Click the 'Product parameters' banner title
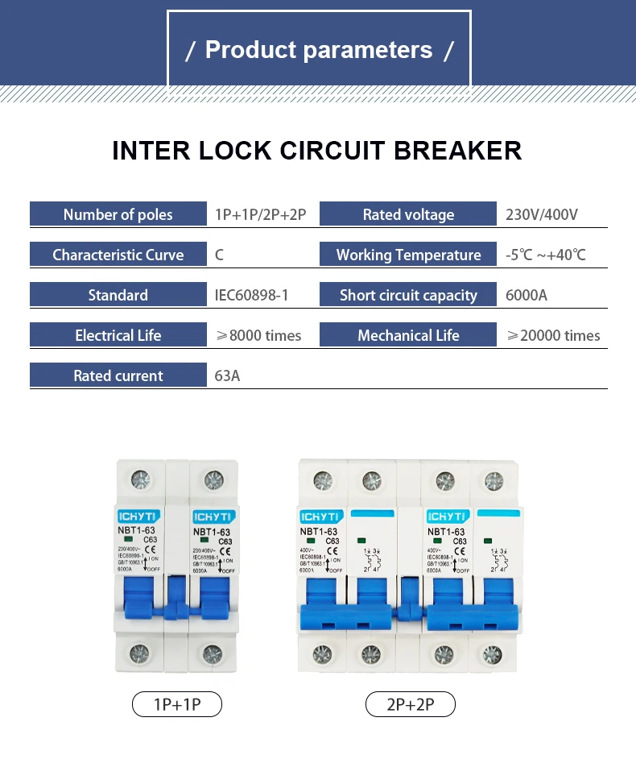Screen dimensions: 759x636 click(320, 50)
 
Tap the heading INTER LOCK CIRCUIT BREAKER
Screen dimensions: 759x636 click(317, 151)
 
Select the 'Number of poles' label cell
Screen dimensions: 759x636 click(118, 214)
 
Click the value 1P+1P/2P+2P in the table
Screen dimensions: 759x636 click(260, 215)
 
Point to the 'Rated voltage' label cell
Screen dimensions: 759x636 click(408, 214)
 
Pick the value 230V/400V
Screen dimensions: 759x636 click(542, 215)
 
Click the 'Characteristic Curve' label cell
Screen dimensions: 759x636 click(118, 255)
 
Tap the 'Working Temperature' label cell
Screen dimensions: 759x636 click(408, 255)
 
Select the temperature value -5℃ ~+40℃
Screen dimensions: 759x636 click(546, 255)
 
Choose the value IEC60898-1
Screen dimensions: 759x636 click(251, 296)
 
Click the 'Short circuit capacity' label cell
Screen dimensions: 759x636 click(408, 295)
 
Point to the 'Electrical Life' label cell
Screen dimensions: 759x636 click(118, 335)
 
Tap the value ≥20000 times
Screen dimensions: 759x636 click(553, 336)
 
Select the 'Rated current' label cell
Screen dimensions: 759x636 click(118, 375)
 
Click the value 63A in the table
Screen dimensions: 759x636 click(227, 376)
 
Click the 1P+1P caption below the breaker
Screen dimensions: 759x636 click(176, 705)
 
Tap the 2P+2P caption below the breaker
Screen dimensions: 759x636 click(410, 705)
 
